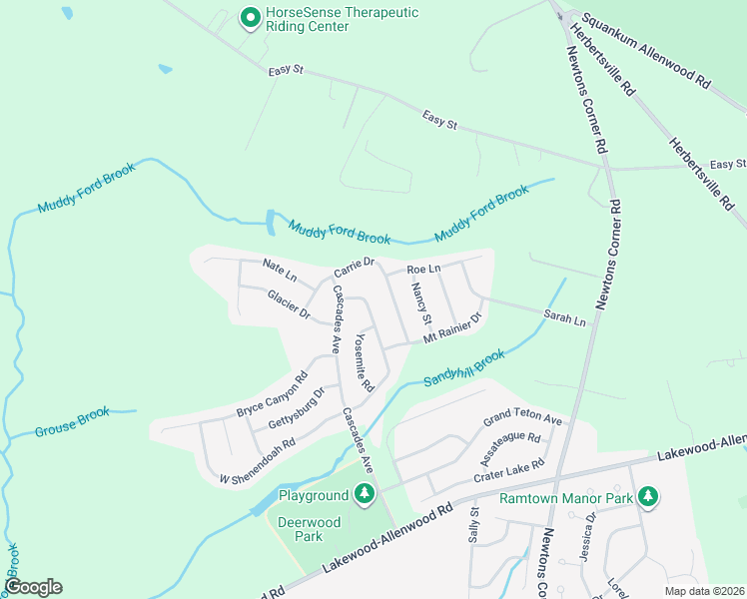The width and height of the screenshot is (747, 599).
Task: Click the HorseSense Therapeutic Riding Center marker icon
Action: (250, 18)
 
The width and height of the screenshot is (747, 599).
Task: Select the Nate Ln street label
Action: (280, 269)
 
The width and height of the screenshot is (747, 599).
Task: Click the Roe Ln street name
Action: (423, 270)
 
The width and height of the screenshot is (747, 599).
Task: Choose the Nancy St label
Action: (420, 303)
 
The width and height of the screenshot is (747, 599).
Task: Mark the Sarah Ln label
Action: (563, 318)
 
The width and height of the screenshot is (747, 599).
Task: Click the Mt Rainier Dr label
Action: (452, 328)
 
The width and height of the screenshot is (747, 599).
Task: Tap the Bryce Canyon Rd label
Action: (273, 395)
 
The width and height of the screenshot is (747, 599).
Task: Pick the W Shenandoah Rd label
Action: (257, 461)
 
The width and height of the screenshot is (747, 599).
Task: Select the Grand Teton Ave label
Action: (524, 418)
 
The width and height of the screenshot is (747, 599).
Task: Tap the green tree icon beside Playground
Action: (365, 493)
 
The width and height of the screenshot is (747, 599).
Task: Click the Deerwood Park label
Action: (310, 529)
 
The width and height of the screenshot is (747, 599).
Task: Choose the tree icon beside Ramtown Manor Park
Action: (649, 496)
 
